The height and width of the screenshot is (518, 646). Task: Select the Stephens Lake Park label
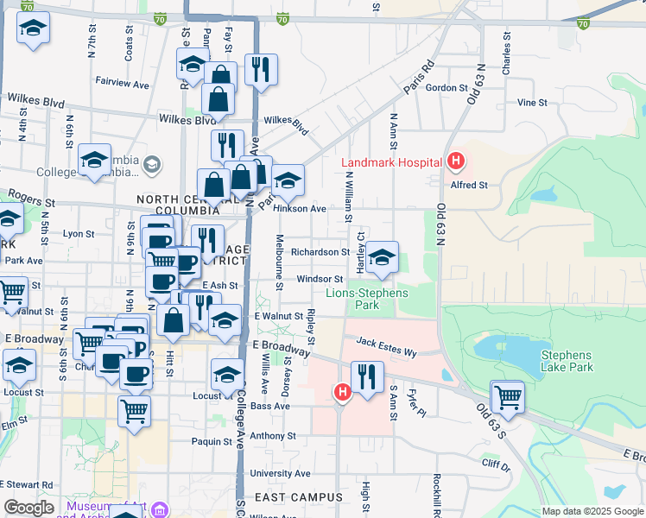pos(566,361)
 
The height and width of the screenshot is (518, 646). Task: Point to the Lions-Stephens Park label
pos(367,299)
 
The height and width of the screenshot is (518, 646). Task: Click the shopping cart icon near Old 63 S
pos(507,398)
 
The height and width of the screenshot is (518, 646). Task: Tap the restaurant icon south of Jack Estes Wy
pos(367,377)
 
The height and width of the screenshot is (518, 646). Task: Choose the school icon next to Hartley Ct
pos(381,257)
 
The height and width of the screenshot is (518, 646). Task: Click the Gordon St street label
pos(446,87)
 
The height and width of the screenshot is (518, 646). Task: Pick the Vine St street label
pos(532,102)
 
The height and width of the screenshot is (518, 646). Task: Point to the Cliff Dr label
pos(496,464)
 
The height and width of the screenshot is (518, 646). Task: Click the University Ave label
pos(280,473)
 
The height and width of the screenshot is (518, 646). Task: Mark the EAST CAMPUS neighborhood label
pos(293,497)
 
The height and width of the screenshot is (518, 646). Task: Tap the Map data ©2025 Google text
pos(592,511)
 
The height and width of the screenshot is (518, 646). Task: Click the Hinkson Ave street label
pos(299,209)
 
